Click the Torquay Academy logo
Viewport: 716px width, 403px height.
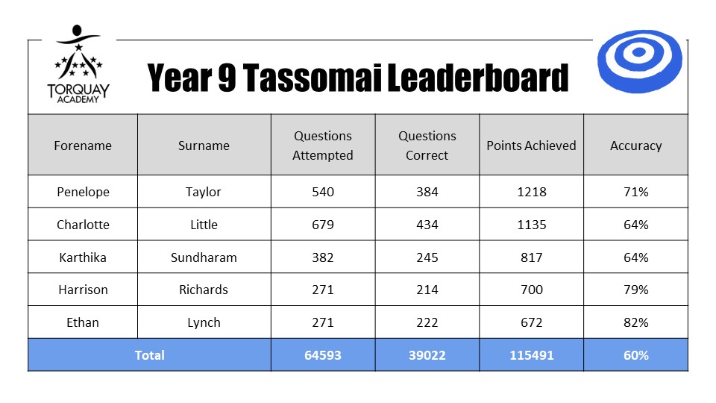coord(78,64)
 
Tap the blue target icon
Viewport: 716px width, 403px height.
coord(639,61)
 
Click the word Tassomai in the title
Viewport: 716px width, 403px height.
coord(312,78)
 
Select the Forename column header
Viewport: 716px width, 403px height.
coord(83,146)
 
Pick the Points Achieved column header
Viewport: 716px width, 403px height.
coord(531,146)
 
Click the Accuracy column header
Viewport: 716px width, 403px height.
coord(635,146)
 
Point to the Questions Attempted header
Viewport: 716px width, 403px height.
coord(323,146)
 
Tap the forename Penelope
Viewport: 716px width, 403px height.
coord(83,192)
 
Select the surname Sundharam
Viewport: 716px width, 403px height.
coord(204,257)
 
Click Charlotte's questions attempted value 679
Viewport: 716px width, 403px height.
coord(323,225)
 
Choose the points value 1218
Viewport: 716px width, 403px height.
coord(532,192)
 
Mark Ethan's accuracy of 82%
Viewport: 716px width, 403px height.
coord(636,322)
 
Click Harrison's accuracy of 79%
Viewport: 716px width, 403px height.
coord(636,290)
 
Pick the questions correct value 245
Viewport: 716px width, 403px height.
coord(427,257)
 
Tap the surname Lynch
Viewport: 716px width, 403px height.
coord(204,322)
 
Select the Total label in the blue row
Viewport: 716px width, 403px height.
coord(149,355)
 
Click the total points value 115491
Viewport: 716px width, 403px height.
coord(532,355)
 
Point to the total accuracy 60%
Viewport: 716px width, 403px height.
coord(636,355)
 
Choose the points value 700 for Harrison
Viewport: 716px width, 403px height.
coord(532,290)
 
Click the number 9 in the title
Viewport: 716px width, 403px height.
coord(227,78)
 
